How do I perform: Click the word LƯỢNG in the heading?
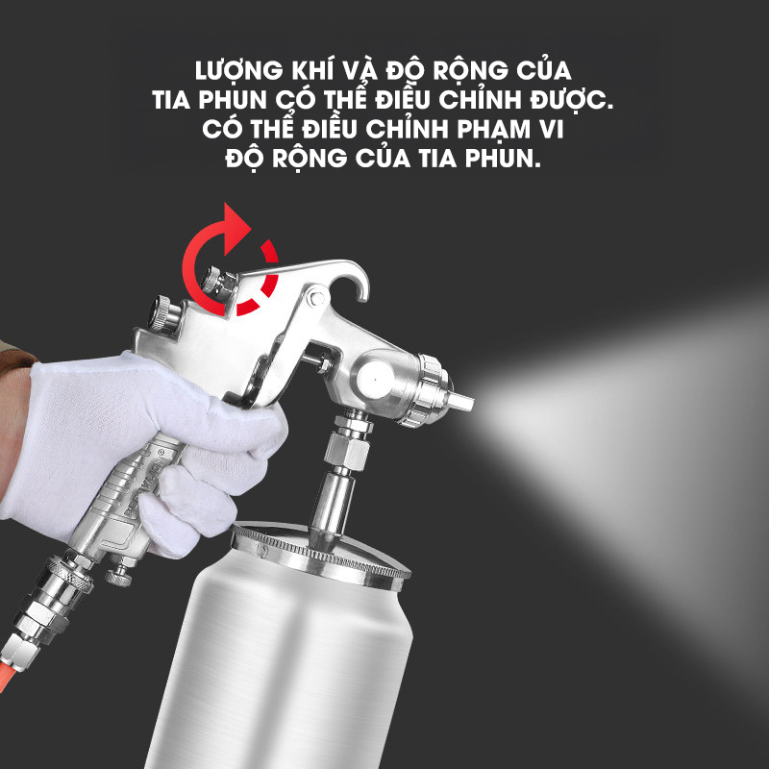click(x=238, y=70)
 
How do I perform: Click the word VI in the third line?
click(x=552, y=130)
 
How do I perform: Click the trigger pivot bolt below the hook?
click(x=314, y=298)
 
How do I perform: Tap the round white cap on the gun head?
click(x=375, y=380)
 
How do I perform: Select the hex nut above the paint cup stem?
click(x=347, y=451)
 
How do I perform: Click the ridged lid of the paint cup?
click(x=320, y=554)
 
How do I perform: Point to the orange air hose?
click(x=7, y=676)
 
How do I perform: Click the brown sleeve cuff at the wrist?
click(x=14, y=355)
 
